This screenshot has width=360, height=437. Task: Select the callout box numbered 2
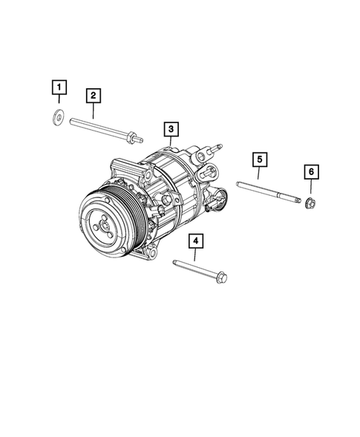point(93,95)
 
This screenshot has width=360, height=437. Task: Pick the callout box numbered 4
point(195,240)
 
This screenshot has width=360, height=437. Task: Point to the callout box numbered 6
point(311,172)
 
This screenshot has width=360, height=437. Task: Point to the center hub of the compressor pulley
point(103,222)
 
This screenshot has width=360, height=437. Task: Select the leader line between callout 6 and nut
point(311,188)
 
